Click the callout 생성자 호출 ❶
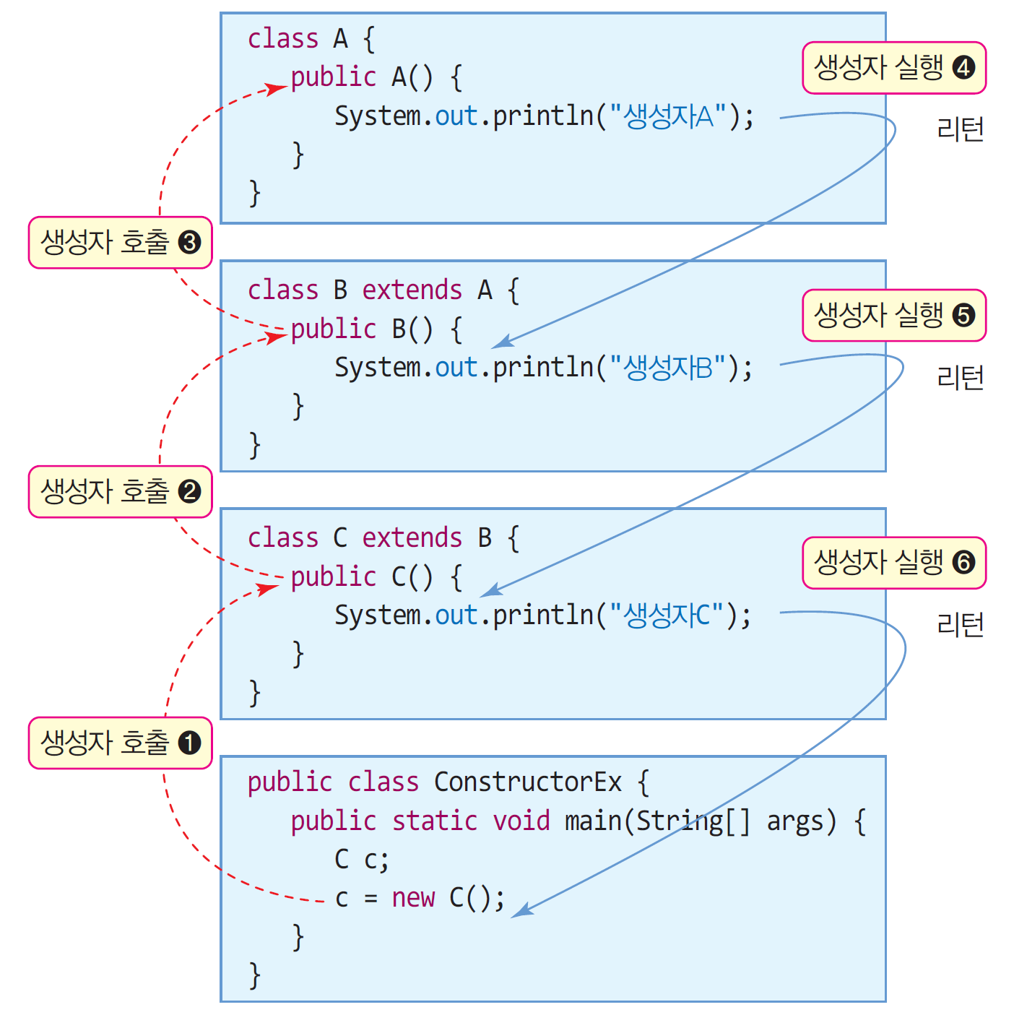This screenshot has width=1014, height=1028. pyautogui.click(x=120, y=743)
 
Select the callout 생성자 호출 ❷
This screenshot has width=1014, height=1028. pyautogui.click(x=120, y=492)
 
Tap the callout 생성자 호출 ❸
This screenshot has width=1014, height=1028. pyautogui.click(x=120, y=243)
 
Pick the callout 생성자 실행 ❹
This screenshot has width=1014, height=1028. pyautogui.click(x=894, y=68)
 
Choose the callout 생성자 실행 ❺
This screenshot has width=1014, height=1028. pyautogui.click(x=894, y=315)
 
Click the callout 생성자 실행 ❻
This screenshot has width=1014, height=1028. pyautogui.click(x=894, y=563)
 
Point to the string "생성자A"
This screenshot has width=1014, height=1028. pyautogui.click(x=668, y=116)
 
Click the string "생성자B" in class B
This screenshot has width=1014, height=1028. pyautogui.click(x=668, y=368)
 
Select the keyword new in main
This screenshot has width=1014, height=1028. pyautogui.click(x=413, y=898)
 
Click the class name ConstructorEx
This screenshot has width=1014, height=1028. pyautogui.click(x=528, y=782)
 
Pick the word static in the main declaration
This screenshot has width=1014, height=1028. pyautogui.click(x=434, y=821)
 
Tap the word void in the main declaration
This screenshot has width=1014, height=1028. pyautogui.click(x=521, y=821)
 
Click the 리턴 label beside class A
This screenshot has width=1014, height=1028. pyautogui.click(x=960, y=129)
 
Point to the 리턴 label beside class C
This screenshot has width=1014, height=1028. pyautogui.click(x=960, y=624)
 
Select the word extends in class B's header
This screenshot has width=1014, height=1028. pyautogui.click(x=412, y=290)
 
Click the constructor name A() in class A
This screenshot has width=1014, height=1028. pyautogui.click(x=412, y=77)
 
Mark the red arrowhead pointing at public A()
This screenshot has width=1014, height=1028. pyautogui.click(x=277, y=89)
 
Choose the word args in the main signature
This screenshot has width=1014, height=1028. pyautogui.click(x=794, y=822)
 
